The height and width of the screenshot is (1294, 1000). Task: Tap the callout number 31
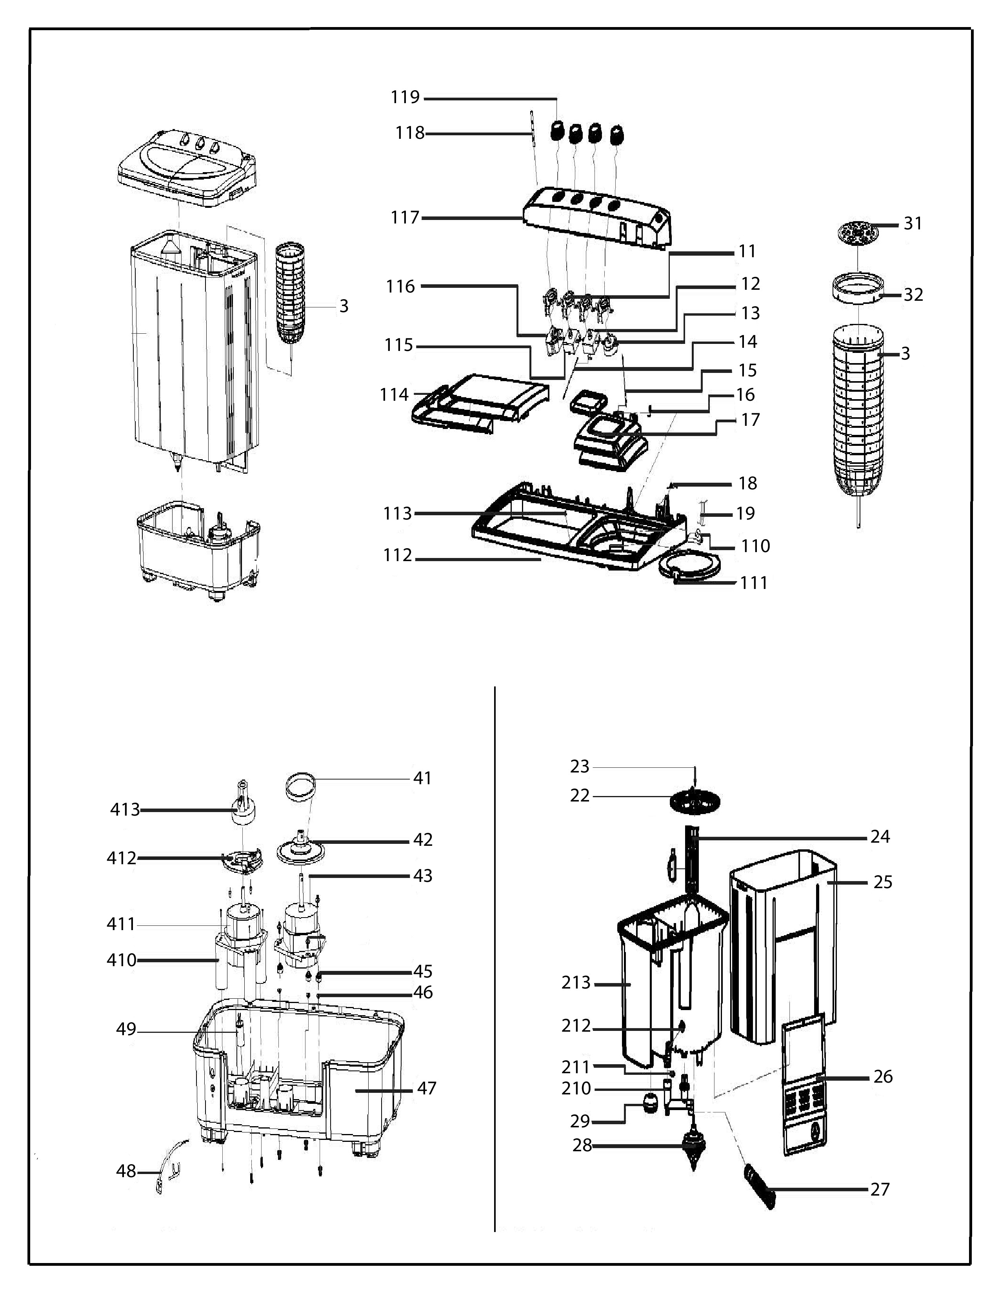click(913, 224)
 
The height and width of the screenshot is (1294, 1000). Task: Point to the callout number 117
click(405, 218)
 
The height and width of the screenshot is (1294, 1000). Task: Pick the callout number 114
click(395, 394)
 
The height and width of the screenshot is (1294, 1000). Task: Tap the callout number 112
click(398, 555)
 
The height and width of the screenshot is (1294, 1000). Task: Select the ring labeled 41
click(300, 786)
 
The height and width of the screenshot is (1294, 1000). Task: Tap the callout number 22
click(580, 795)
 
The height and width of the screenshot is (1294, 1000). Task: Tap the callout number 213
click(576, 983)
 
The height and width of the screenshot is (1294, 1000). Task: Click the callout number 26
click(883, 1076)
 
